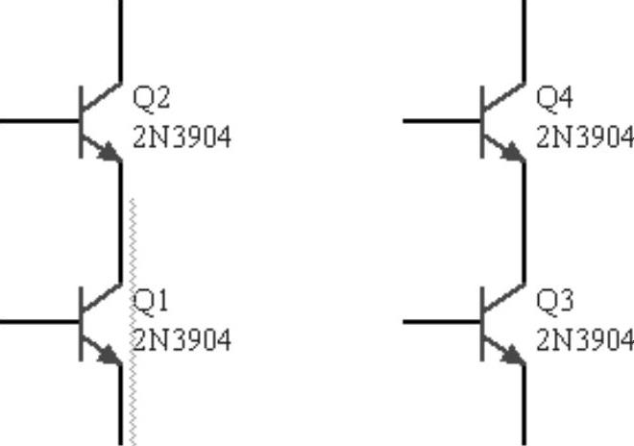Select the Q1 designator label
click(151, 302)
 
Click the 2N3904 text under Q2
click(182, 137)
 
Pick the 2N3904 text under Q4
click(584, 137)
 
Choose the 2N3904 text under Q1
click(182, 340)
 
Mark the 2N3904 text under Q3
click(584, 340)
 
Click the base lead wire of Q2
click(38, 121)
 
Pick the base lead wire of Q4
click(440, 121)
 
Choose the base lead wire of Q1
click(38, 322)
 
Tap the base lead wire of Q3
click(440, 322)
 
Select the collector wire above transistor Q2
click(121, 38)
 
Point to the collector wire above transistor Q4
click(524, 38)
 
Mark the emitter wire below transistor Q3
click(524, 409)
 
